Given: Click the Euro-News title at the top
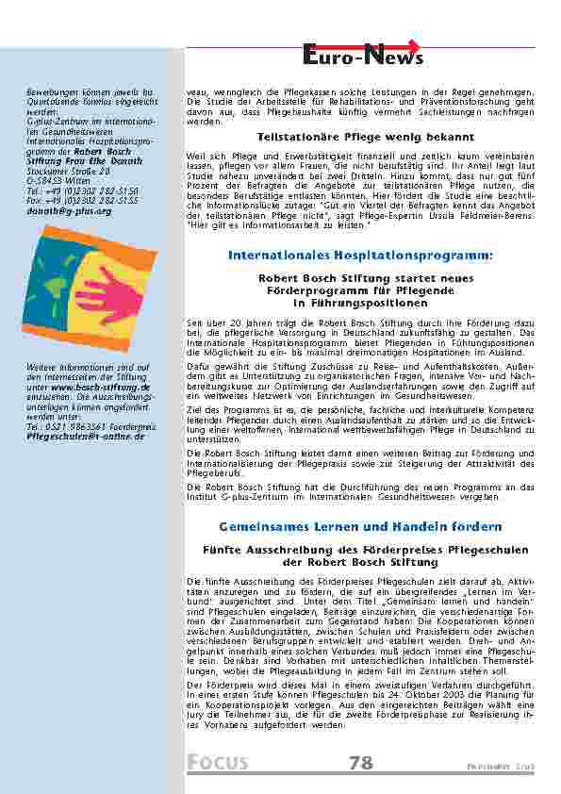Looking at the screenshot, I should click(362, 58).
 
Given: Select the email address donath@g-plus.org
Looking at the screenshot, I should click(70, 212).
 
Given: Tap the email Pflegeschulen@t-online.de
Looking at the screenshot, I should click(86, 437).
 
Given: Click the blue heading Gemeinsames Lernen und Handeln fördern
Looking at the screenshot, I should click(361, 525).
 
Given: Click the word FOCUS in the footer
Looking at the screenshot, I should click(218, 763).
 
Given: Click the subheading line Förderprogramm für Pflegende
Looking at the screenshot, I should click(361, 291).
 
